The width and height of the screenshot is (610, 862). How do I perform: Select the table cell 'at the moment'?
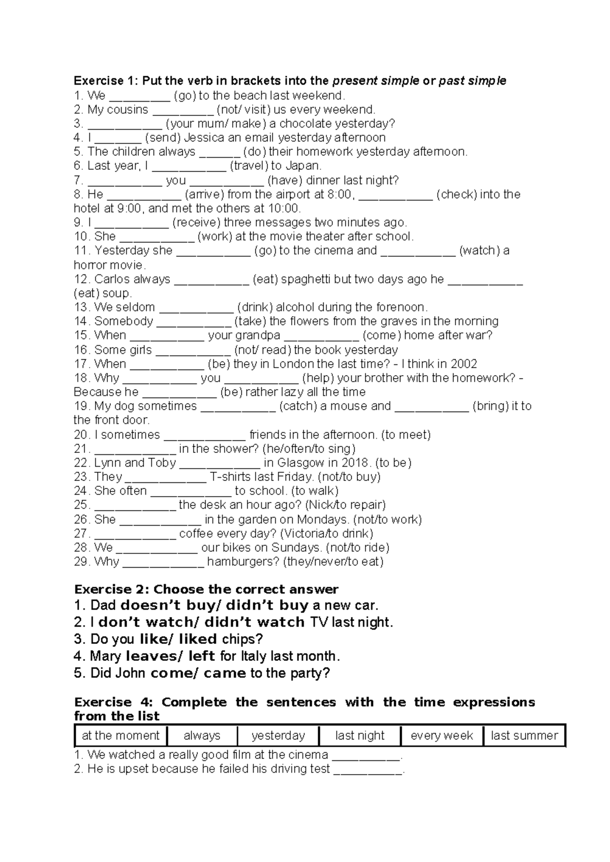(120, 735)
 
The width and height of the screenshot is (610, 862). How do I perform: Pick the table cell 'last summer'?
(524, 735)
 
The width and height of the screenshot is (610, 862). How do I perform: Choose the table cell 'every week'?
(441, 735)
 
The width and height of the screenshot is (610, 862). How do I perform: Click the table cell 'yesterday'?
(278, 735)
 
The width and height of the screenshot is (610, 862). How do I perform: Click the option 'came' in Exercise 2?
(225, 673)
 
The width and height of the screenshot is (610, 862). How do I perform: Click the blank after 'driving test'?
(368, 769)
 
